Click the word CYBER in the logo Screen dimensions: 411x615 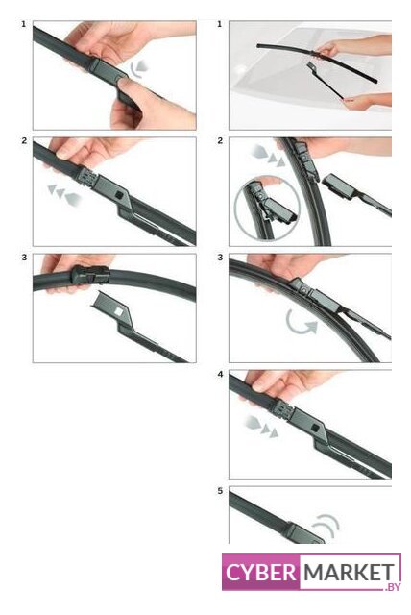click(x=261, y=573)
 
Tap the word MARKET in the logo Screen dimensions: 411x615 click(x=350, y=573)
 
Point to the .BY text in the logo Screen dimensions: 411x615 click(x=393, y=586)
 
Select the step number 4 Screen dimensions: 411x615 click(x=221, y=375)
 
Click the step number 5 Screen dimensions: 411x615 click(x=221, y=491)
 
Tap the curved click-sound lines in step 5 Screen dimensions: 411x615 click(x=327, y=525)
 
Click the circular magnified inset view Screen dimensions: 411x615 click(x=267, y=208)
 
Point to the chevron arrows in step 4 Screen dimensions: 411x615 click(x=262, y=427)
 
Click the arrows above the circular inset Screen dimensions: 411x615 click(x=268, y=155)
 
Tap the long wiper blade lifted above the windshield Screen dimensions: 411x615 click(x=317, y=62)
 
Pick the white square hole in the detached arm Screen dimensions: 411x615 click(x=118, y=311)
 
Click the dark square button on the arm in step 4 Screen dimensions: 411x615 click(x=315, y=427)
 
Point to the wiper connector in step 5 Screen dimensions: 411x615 click(x=303, y=533)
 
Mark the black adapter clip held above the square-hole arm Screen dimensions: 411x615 click(x=89, y=275)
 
